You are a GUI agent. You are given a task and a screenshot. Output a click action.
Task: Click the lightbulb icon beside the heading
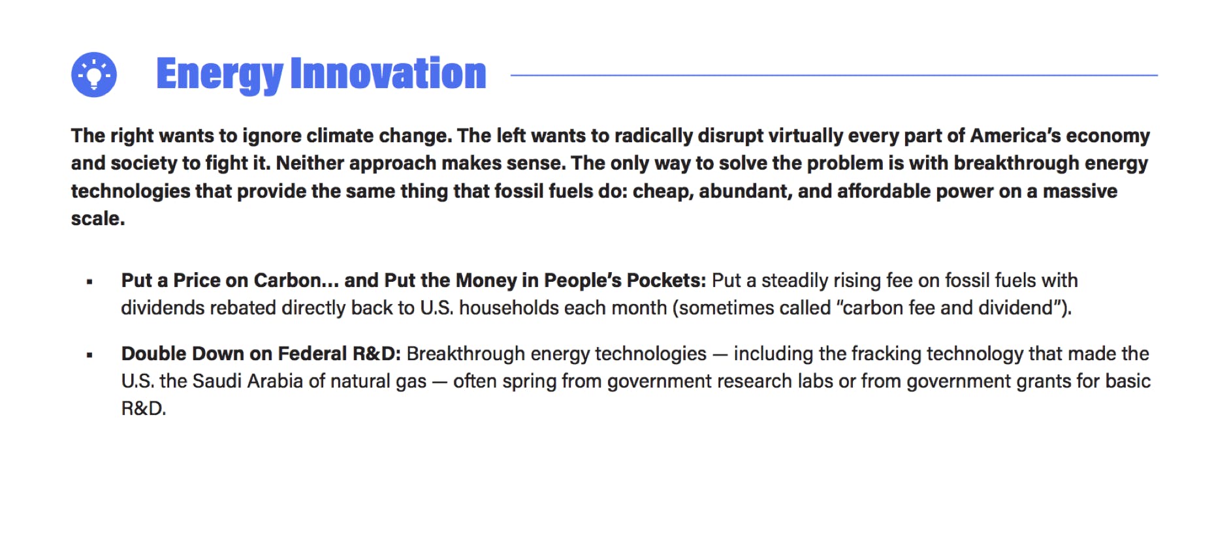94,75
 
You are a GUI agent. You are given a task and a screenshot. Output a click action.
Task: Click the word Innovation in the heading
389,73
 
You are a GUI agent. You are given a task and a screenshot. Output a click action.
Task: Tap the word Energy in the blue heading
219,75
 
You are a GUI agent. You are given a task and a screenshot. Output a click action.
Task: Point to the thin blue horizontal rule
834,75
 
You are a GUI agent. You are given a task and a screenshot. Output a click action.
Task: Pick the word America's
1015,135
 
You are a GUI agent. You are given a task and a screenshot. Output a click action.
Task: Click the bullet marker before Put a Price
89,282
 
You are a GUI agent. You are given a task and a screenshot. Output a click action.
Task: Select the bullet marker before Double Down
89,355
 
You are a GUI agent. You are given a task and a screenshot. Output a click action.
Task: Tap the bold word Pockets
666,280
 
